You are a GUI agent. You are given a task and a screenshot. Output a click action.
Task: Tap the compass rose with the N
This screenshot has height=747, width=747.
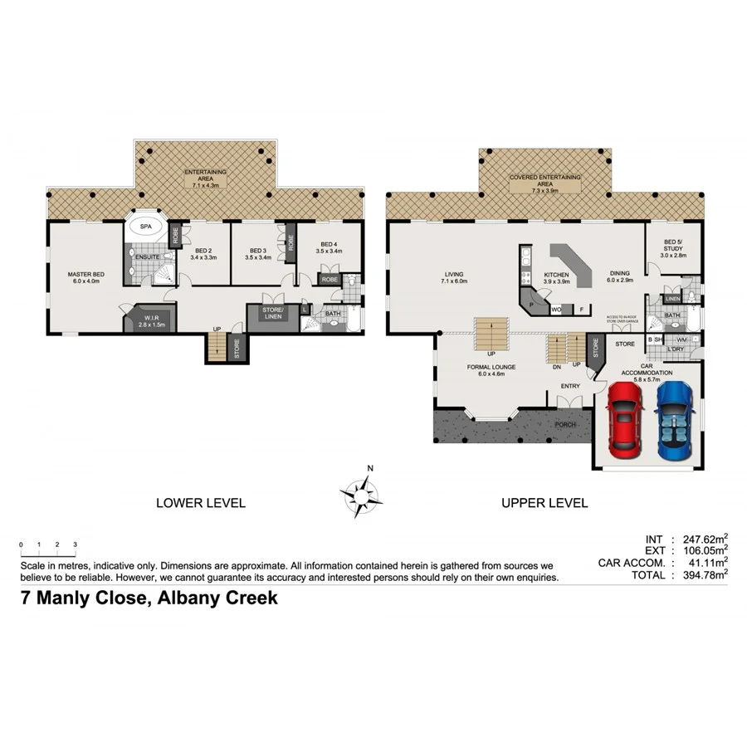pyautogui.click(x=362, y=495)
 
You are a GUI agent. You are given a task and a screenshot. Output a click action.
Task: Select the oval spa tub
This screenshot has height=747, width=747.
pyautogui.click(x=145, y=226)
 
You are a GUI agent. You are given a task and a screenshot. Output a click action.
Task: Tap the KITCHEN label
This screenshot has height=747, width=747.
pyautogui.click(x=555, y=275)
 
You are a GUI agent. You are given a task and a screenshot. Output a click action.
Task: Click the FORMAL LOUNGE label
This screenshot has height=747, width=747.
pyautogui.click(x=491, y=367)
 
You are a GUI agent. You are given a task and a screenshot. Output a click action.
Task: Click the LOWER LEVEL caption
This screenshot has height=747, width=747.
pyautogui.click(x=201, y=503)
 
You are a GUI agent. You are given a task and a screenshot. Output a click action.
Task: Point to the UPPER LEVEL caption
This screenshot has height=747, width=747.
pyautogui.click(x=544, y=503)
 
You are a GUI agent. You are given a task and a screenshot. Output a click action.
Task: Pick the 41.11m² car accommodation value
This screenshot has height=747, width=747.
pyautogui.click(x=701, y=561)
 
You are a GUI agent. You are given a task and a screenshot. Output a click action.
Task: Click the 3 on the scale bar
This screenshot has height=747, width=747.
pyautogui.click(x=75, y=544)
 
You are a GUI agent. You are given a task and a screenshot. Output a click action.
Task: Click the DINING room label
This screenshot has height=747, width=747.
pyautogui.click(x=619, y=273)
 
